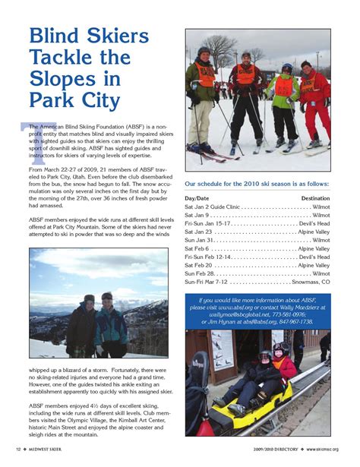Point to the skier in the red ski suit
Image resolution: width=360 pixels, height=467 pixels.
point(314,103)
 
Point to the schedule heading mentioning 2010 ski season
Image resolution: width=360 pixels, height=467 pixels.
point(257,183)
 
